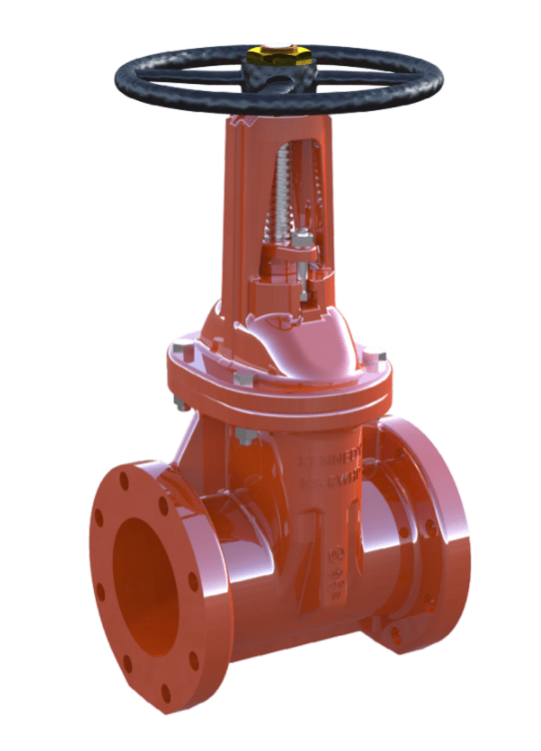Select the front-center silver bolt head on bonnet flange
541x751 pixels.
point(243,376)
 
